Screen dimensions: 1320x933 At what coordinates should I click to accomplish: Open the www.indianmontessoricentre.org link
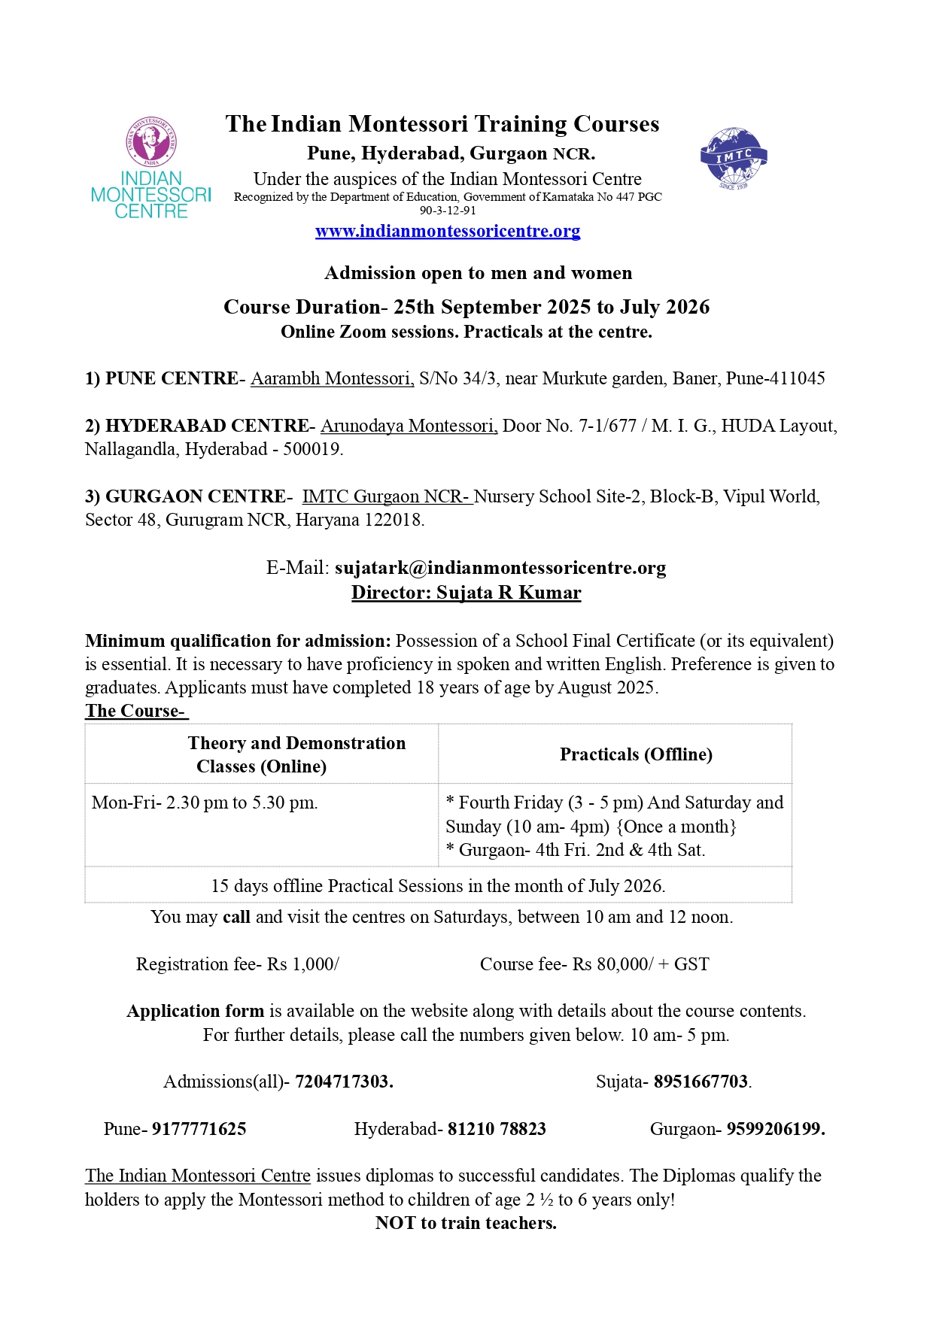448,231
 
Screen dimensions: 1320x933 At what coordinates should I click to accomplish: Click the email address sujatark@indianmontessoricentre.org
500,568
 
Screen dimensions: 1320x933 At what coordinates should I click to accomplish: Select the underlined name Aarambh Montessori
332,378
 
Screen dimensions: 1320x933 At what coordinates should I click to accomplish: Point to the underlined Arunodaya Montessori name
409,426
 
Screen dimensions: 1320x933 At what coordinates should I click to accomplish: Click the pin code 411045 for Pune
795,378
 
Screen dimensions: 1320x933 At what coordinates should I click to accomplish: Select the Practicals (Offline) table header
636,754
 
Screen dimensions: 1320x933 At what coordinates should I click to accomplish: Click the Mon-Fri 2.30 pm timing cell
205,803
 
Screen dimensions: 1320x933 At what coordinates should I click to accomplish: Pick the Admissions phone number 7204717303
343,1082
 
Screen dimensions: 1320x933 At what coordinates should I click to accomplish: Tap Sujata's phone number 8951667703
701,1082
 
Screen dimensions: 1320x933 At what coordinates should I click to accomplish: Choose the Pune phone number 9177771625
199,1129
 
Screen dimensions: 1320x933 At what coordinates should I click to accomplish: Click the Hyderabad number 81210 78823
497,1129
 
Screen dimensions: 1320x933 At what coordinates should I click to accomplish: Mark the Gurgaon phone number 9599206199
775,1129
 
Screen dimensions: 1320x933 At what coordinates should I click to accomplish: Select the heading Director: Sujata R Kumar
466,593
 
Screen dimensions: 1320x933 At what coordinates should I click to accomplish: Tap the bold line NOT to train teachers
466,1223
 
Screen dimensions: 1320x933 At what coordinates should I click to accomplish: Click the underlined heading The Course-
136,711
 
